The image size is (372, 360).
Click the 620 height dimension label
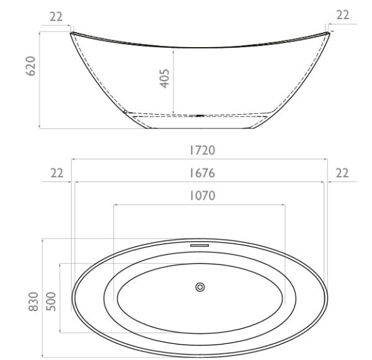click(31, 66)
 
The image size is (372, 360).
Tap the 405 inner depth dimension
click(164, 79)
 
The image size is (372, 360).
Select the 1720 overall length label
click(202, 151)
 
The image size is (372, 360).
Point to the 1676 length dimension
click(202, 173)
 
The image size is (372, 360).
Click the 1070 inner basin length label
click(202, 196)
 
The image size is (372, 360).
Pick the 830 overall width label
click(33, 301)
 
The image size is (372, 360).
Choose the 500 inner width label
click(51, 301)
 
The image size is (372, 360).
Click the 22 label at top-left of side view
click(56, 17)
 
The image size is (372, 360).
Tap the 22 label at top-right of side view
click(343, 15)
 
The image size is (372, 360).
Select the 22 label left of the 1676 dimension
click(57, 173)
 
